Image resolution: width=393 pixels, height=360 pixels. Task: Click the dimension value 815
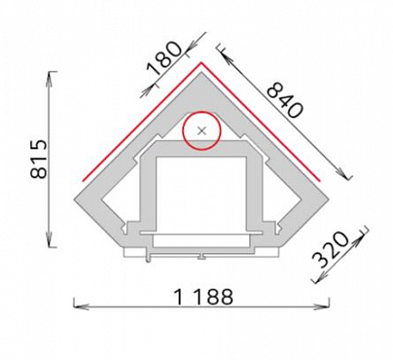click(39, 160)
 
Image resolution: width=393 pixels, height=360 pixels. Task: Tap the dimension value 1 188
click(203, 297)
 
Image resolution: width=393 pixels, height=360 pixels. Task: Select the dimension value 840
click(285, 100)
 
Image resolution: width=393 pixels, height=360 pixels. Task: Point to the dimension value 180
click(164, 58)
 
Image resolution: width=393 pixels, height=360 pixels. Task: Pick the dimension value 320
click(331, 249)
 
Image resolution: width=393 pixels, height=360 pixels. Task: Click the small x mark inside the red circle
click(202, 130)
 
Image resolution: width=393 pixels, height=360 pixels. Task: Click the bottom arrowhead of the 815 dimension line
click(50, 241)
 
